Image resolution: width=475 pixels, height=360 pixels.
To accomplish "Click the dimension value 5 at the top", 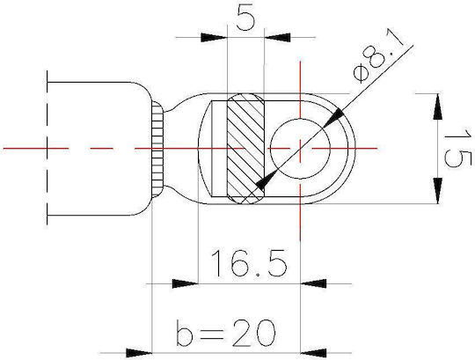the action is (x=245, y=18).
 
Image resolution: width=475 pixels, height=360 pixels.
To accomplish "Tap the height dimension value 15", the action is (x=458, y=148).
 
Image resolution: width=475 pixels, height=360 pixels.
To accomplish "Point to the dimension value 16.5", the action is (x=249, y=263).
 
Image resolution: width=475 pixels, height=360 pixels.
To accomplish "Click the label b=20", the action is (x=226, y=333).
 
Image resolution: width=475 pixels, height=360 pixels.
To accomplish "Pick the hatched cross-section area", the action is (x=245, y=149).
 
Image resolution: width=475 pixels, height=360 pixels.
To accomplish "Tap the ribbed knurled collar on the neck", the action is (x=157, y=149).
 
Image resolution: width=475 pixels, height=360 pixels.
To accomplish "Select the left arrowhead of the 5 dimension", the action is (x=214, y=38).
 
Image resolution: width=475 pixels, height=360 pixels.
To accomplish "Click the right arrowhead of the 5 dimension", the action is (x=277, y=38).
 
